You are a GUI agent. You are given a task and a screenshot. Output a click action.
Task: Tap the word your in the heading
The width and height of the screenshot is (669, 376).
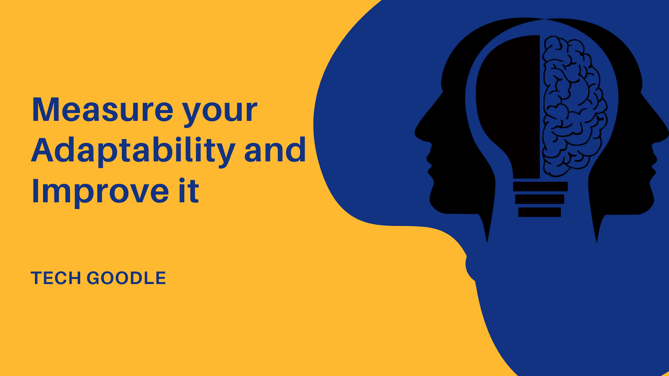click(220, 113)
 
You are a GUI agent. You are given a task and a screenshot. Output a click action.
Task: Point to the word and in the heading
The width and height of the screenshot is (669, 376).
click(275, 150)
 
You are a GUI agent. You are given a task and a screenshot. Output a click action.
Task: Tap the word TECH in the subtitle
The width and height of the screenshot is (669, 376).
click(56, 278)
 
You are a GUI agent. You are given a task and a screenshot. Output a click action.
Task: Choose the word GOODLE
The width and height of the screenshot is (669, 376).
click(126, 278)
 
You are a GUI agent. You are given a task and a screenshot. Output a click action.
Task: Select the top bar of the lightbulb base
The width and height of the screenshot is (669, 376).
click(540, 186)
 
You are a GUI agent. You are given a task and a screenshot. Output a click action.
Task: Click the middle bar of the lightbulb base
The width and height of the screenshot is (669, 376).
click(540, 199)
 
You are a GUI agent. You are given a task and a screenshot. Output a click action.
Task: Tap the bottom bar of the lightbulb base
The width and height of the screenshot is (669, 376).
click(539, 212)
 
